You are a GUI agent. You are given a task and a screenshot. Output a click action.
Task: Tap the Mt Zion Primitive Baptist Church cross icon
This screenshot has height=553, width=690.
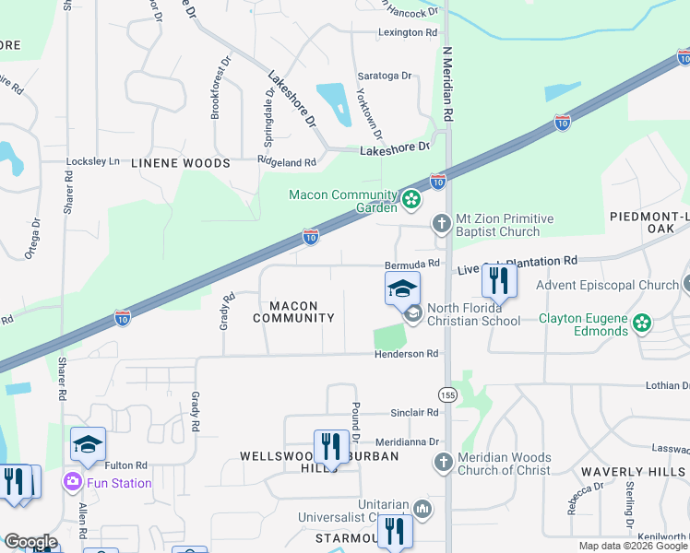coord(442,223)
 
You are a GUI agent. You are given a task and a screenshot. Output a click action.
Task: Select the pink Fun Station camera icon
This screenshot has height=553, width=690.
coord(72,482)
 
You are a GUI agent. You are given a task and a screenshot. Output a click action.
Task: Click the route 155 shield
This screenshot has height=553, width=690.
coord(447,394)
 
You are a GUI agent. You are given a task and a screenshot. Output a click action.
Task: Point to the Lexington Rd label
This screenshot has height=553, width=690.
coord(407,32)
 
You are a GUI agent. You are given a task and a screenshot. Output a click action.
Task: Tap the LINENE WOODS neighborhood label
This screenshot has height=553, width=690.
coord(180,163)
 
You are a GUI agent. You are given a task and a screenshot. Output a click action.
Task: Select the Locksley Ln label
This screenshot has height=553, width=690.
coord(93,161)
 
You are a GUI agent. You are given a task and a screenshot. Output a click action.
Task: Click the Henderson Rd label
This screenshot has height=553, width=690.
coord(406,354)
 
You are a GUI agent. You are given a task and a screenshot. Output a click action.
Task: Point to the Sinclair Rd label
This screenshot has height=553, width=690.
coord(414,413)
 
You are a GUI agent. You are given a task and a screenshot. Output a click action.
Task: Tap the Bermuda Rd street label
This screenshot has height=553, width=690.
coord(410,263)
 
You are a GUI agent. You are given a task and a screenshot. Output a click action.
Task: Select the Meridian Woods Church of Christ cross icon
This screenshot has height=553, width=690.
coord(443,462)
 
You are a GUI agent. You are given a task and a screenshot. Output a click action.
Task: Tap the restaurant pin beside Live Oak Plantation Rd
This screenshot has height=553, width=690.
coord(499,280)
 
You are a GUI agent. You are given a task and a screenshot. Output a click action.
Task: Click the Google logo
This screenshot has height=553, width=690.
coord(30,542)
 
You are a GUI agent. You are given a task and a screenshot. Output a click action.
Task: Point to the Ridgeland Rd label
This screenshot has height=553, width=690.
coord(287,162)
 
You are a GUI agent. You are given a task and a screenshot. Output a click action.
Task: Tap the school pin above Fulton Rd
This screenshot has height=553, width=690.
coord(89,444)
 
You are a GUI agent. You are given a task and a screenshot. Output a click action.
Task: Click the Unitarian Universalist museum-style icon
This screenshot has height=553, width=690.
coord(422,509)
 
